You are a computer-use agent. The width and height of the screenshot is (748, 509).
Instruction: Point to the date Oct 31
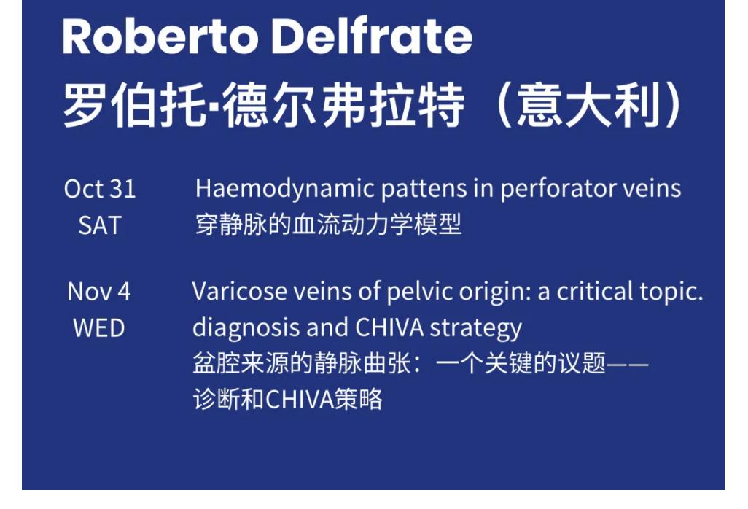(100, 190)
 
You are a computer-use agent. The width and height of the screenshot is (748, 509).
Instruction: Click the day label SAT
(99, 226)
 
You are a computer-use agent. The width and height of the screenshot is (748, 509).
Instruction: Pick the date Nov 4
(99, 292)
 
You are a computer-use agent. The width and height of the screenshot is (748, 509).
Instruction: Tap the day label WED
(99, 328)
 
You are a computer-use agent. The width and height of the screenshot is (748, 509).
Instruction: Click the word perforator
(542, 190)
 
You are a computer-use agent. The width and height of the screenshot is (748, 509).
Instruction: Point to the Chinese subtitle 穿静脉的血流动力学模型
(328, 225)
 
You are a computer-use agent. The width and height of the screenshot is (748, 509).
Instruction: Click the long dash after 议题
(628, 364)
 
